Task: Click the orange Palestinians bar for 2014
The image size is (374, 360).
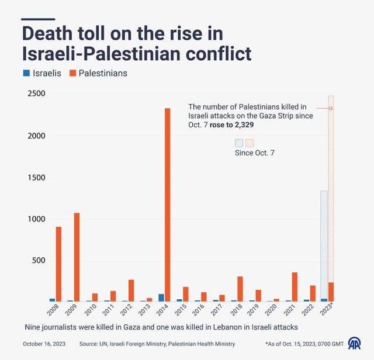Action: (168, 205)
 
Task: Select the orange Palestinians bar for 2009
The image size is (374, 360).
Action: (77, 257)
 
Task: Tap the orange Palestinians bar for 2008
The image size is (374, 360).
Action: (58, 264)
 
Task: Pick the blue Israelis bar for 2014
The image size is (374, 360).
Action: (161, 297)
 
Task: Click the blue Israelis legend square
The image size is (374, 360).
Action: (26, 74)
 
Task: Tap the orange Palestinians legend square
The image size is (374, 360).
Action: (72, 74)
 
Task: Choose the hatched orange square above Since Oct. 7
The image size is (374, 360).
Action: (249, 143)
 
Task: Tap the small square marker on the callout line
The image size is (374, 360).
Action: (331, 108)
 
